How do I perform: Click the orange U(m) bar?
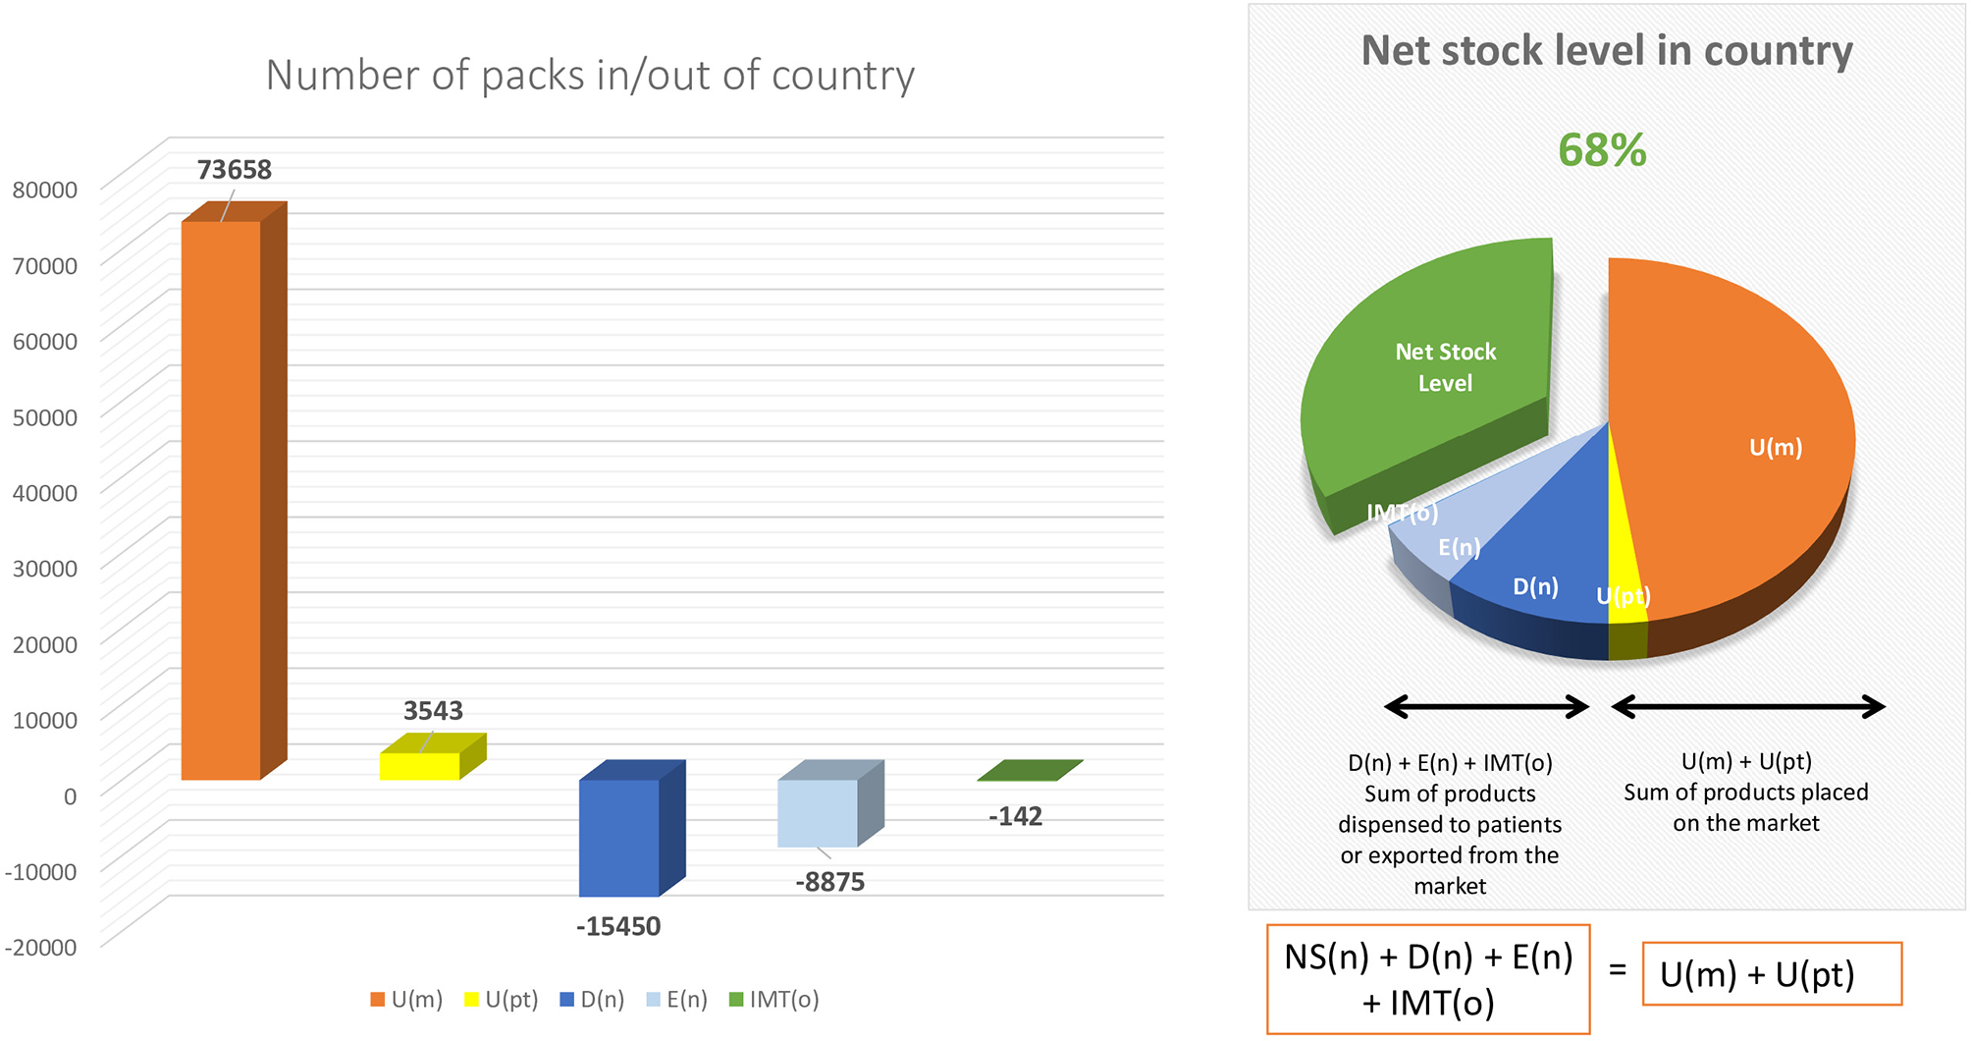(x=234, y=491)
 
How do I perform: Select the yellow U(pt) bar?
(x=433, y=757)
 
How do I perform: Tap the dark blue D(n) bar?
(x=632, y=828)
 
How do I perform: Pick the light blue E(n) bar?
(x=830, y=803)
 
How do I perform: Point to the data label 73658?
(x=235, y=170)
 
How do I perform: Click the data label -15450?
(x=618, y=926)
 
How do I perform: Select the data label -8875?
(x=829, y=882)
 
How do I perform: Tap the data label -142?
(x=1015, y=816)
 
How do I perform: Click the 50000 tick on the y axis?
(x=45, y=416)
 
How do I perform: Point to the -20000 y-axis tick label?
(x=41, y=947)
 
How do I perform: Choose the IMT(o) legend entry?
(x=774, y=1000)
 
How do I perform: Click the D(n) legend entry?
(x=592, y=1000)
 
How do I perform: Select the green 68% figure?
(x=1602, y=150)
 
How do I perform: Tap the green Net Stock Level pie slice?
(x=1433, y=373)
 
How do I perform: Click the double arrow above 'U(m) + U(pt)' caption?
(x=1748, y=706)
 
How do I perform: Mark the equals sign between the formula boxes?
(x=1618, y=970)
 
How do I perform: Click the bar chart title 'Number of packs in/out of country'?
(x=590, y=76)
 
